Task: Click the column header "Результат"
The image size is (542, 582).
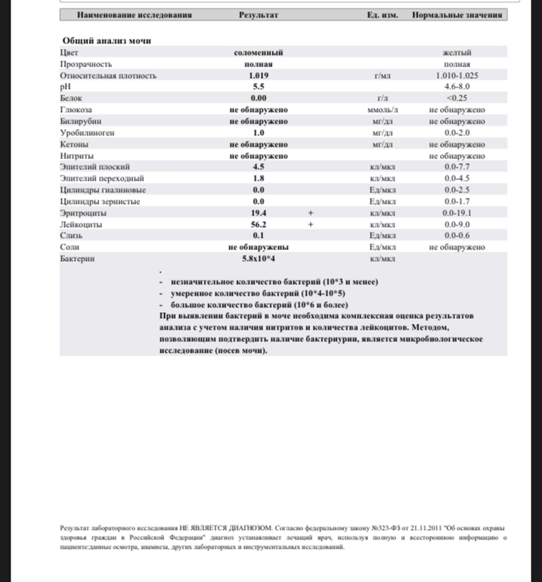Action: tap(259, 14)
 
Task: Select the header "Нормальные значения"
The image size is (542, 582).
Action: tap(457, 14)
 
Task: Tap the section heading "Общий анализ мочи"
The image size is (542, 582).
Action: tap(105, 41)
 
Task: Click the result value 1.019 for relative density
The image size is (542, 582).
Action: tap(259, 76)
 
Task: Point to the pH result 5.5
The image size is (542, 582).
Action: tap(259, 87)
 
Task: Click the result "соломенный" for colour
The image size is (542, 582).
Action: tap(259, 53)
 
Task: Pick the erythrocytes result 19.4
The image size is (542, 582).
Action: tap(259, 214)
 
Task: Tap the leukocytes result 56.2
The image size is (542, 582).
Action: tap(259, 224)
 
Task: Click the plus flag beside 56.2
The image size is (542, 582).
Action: tap(310, 224)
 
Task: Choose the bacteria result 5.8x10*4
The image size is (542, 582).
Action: tap(259, 258)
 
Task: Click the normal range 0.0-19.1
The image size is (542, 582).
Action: tap(458, 214)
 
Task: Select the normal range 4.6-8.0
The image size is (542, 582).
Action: tap(458, 87)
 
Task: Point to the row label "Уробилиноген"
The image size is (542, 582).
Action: tap(87, 132)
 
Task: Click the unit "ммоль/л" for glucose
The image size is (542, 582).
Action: tap(381, 110)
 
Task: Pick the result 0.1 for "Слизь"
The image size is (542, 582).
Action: tap(259, 236)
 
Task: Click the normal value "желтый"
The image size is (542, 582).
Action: tap(458, 53)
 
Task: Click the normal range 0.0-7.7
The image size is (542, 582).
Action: tap(458, 167)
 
